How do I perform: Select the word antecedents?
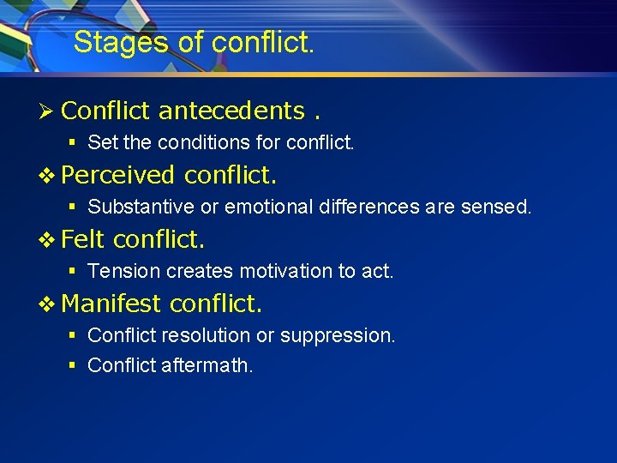231,111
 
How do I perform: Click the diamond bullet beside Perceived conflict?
49,175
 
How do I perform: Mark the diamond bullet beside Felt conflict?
49,239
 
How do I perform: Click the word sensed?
500,207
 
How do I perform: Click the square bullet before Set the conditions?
73,142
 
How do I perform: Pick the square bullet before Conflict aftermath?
73,365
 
